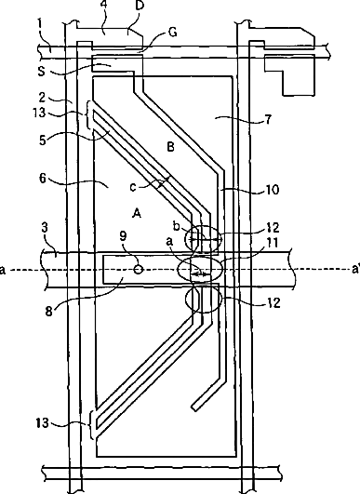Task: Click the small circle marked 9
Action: pyautogui.click(x=139, y=270)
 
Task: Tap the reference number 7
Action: pyautogui.click(x=268, y=119)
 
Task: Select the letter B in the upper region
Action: pyautogui.click(x=170, y=147)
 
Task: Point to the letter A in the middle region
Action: pyautogui.click(x=137, y=214)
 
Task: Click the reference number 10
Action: pyautogui.click(x=273, y=190)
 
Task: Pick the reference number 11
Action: pyautogui.click(x=273, y=243)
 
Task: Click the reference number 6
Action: pyautogui.click(x=43, y=179)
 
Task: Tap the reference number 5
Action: pyautogui.click(x=43, y=140)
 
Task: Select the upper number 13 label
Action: pyautogui.click(x=39, y=113)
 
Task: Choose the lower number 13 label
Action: pyautogui.click(x=43, y=422)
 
